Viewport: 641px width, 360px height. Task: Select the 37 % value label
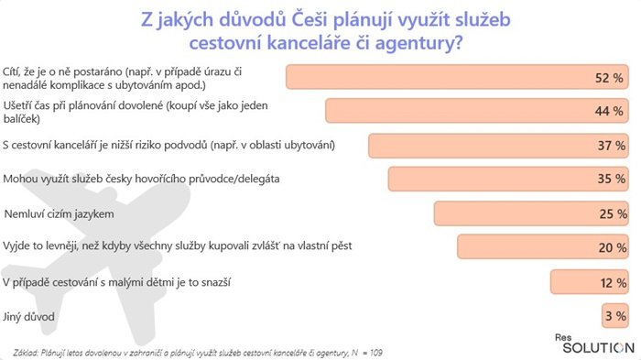click(610, 146)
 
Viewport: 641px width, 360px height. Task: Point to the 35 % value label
click(610, 180)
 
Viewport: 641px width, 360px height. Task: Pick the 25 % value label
click(610, 213)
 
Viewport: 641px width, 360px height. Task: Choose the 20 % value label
click(610, 247)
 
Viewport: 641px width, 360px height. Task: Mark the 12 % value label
click(610, 283)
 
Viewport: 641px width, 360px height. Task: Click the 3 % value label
click(614, 316)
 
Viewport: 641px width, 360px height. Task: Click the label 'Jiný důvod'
click(29, 316)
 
